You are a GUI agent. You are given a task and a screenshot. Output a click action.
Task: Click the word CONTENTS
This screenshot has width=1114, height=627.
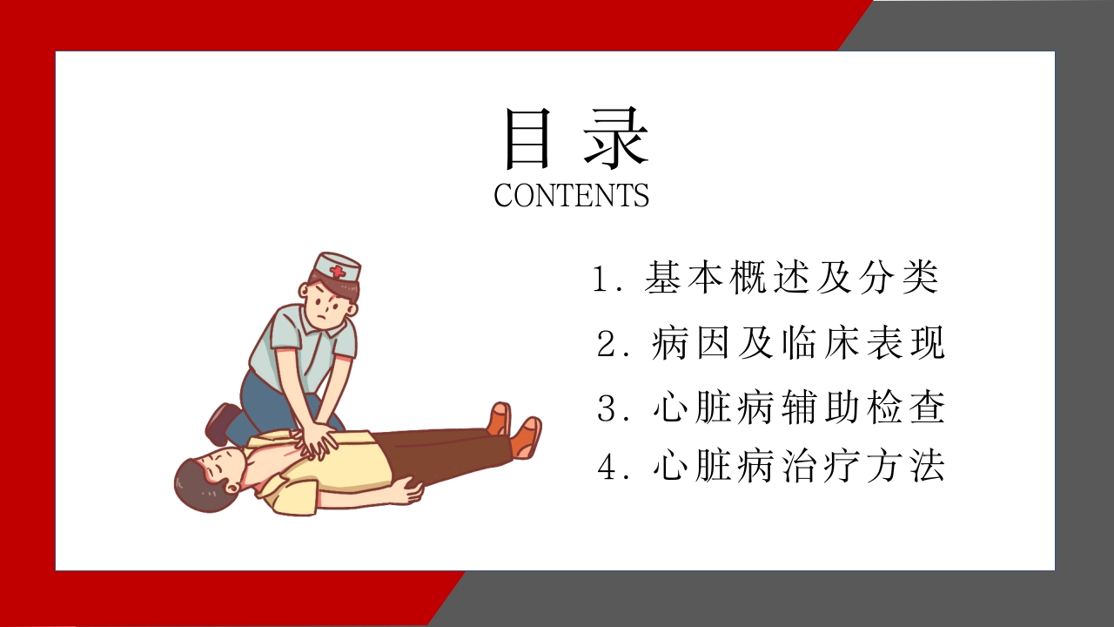coord(571,195)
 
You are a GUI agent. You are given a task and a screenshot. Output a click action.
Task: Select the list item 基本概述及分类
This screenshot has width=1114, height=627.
coord(791,278)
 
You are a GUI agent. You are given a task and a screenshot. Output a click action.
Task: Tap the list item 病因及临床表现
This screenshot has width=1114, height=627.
coord(797,344)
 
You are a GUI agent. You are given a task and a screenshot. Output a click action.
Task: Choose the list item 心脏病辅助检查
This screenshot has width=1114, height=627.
coord(798,408)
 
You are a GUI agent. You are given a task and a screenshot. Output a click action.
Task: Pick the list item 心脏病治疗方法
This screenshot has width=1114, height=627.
coord(798,468)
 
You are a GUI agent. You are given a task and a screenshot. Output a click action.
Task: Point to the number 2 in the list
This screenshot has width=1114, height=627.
coord(607,345)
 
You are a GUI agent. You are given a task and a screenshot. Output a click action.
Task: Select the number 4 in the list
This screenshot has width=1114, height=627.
coord(607,469)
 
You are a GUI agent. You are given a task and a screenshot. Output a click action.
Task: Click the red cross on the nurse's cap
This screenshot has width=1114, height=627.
coord(337,273)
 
